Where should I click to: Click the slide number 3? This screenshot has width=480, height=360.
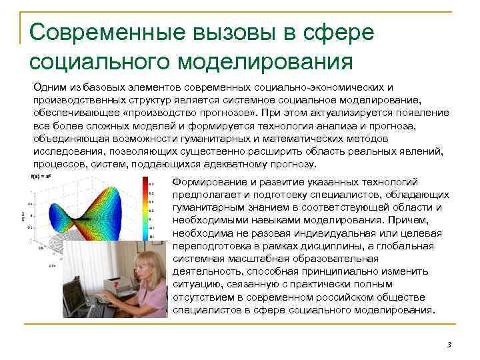(449, 344)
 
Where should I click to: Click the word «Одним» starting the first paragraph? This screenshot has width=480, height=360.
(49, 87)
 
